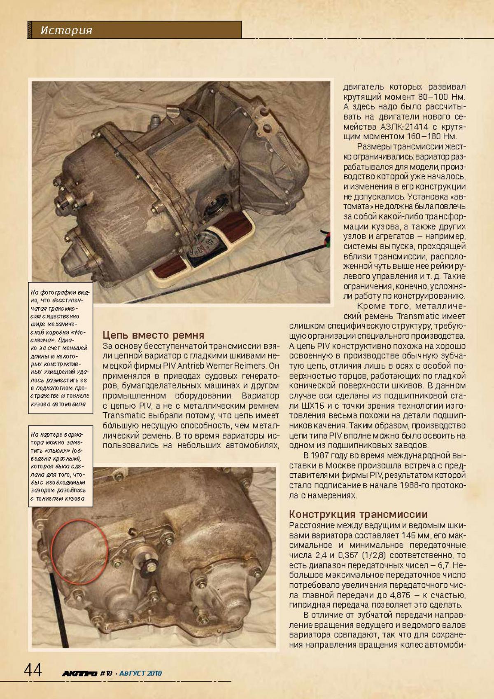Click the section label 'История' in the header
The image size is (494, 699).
point(66,30)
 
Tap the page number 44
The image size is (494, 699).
point(33,671)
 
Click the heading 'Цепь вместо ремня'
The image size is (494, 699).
point(153,335)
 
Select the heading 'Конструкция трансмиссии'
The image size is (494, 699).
point(358,514)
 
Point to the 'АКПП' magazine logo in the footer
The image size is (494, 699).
point(79,673)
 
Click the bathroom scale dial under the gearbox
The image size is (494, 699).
point(204,247)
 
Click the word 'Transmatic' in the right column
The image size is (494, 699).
point(417,316)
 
